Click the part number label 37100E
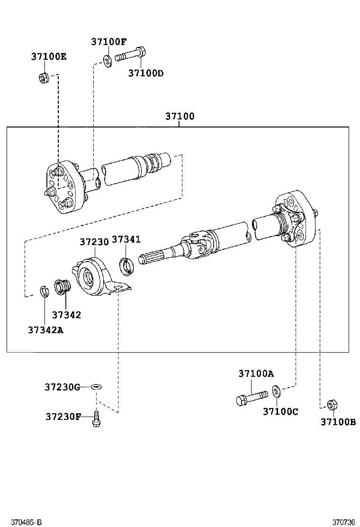(x=49, y=56)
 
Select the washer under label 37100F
(x=107, y=61)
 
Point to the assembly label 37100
(x=180, y=116)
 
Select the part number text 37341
(x=126, y=239)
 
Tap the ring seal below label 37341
(x=126, y=266)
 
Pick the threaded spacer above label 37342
(x=62, y=287)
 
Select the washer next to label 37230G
(x=96, y=387)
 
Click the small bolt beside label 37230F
(x=96, y=419)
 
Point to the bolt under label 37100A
(x=252, y=396)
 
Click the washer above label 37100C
(x=277, y=391)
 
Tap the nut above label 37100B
(x=333, y=405)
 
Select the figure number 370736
(x=343, y=522)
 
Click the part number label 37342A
(x=45, y=330)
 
